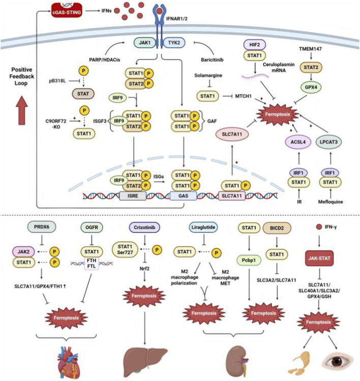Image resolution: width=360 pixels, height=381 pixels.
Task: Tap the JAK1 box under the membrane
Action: coord(144,43)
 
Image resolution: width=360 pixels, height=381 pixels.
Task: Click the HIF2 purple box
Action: coord(255,45)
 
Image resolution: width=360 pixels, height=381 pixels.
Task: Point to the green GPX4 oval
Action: coord(311,87)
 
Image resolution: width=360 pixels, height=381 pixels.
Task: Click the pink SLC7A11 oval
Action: coord(232,134)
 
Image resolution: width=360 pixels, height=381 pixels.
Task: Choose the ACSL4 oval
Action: coord(298,142)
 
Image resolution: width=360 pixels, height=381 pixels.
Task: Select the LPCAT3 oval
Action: coord(328,142)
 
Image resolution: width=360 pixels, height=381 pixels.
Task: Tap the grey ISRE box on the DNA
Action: coord(133,196)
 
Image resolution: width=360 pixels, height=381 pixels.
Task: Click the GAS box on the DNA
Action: coord(183,196)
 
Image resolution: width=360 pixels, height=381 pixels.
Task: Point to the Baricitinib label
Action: coord(212,60)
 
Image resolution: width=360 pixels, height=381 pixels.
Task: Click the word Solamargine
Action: coord(208,75)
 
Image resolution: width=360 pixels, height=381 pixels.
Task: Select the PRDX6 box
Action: coord(42,227)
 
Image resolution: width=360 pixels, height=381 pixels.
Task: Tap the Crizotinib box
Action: coord(144,227)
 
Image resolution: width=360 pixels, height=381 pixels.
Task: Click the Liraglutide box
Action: coord(203,227)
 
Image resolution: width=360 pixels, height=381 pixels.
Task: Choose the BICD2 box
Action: coord(277,228)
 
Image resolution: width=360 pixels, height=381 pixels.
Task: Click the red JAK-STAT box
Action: coord(319,258)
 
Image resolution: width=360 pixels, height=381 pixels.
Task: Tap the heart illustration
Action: coord(69,363)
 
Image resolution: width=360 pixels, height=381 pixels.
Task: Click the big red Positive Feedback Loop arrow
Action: coord(22,110)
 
